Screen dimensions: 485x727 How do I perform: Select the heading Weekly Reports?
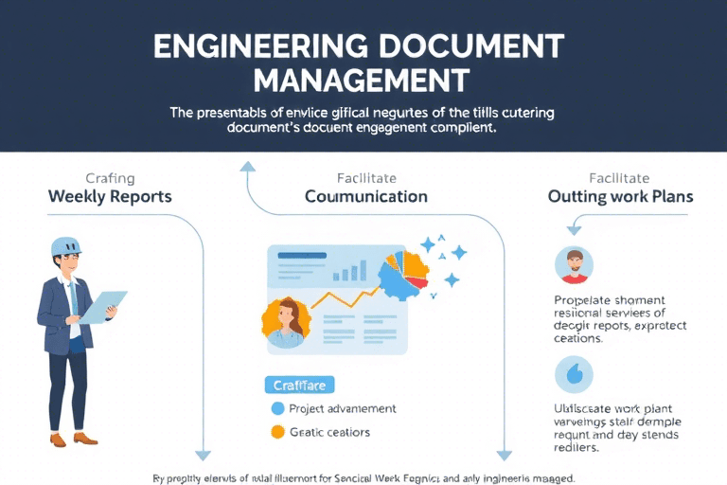coord(111,197)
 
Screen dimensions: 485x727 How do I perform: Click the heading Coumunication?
coord(366,197)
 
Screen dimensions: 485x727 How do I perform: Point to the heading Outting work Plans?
coord(620,197)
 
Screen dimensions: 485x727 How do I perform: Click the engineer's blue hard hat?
coord(65,246)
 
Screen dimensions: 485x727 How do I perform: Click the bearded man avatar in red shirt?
coord(574,265)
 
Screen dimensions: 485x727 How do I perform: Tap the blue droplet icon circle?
coord(574,375)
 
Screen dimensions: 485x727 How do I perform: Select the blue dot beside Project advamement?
coord(277,408)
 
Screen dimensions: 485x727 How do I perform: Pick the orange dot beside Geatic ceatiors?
coord(277,432)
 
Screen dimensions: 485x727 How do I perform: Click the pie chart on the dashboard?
coord(404,275)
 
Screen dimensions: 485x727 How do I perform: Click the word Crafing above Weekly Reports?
coord(111,177)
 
